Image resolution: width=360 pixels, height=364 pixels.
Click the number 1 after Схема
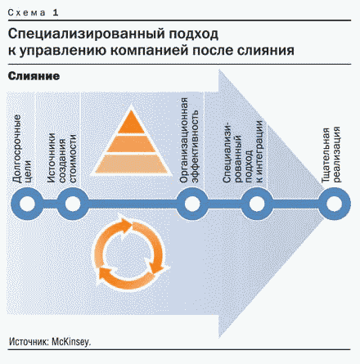click(x=56, y=12)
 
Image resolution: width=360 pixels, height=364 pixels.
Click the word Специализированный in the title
click(x=87, y=34)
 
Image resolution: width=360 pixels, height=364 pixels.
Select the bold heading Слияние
click(x=34, y=76)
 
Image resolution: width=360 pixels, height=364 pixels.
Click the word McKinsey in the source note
click(x=71, y=342)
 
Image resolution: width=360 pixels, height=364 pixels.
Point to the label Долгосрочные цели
click(x=22, y=149)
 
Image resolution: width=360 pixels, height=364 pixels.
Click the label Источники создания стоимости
click(x=61, y=158)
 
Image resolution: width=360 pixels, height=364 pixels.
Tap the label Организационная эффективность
click(x=189, y=140)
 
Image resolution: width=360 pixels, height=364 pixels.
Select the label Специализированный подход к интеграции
click(x=242, y=151)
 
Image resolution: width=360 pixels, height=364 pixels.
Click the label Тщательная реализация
click(x=331, y=155)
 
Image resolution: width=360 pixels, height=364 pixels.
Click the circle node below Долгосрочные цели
click(x=27, y=204)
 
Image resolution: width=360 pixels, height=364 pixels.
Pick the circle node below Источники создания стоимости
click(x=73, y=204)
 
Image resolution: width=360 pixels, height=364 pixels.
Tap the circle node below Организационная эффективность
click(x=192, y=204)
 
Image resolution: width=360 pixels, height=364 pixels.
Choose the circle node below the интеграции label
click(x=257, y=204)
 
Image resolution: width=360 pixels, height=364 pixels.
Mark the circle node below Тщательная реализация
click(x=335, y=204)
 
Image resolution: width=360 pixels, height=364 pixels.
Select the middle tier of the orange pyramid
click(x=131, y=144)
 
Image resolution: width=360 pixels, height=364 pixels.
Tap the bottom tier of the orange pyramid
click(x=131, y=164)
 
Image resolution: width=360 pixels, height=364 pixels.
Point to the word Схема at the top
click(x=27, y=12)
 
